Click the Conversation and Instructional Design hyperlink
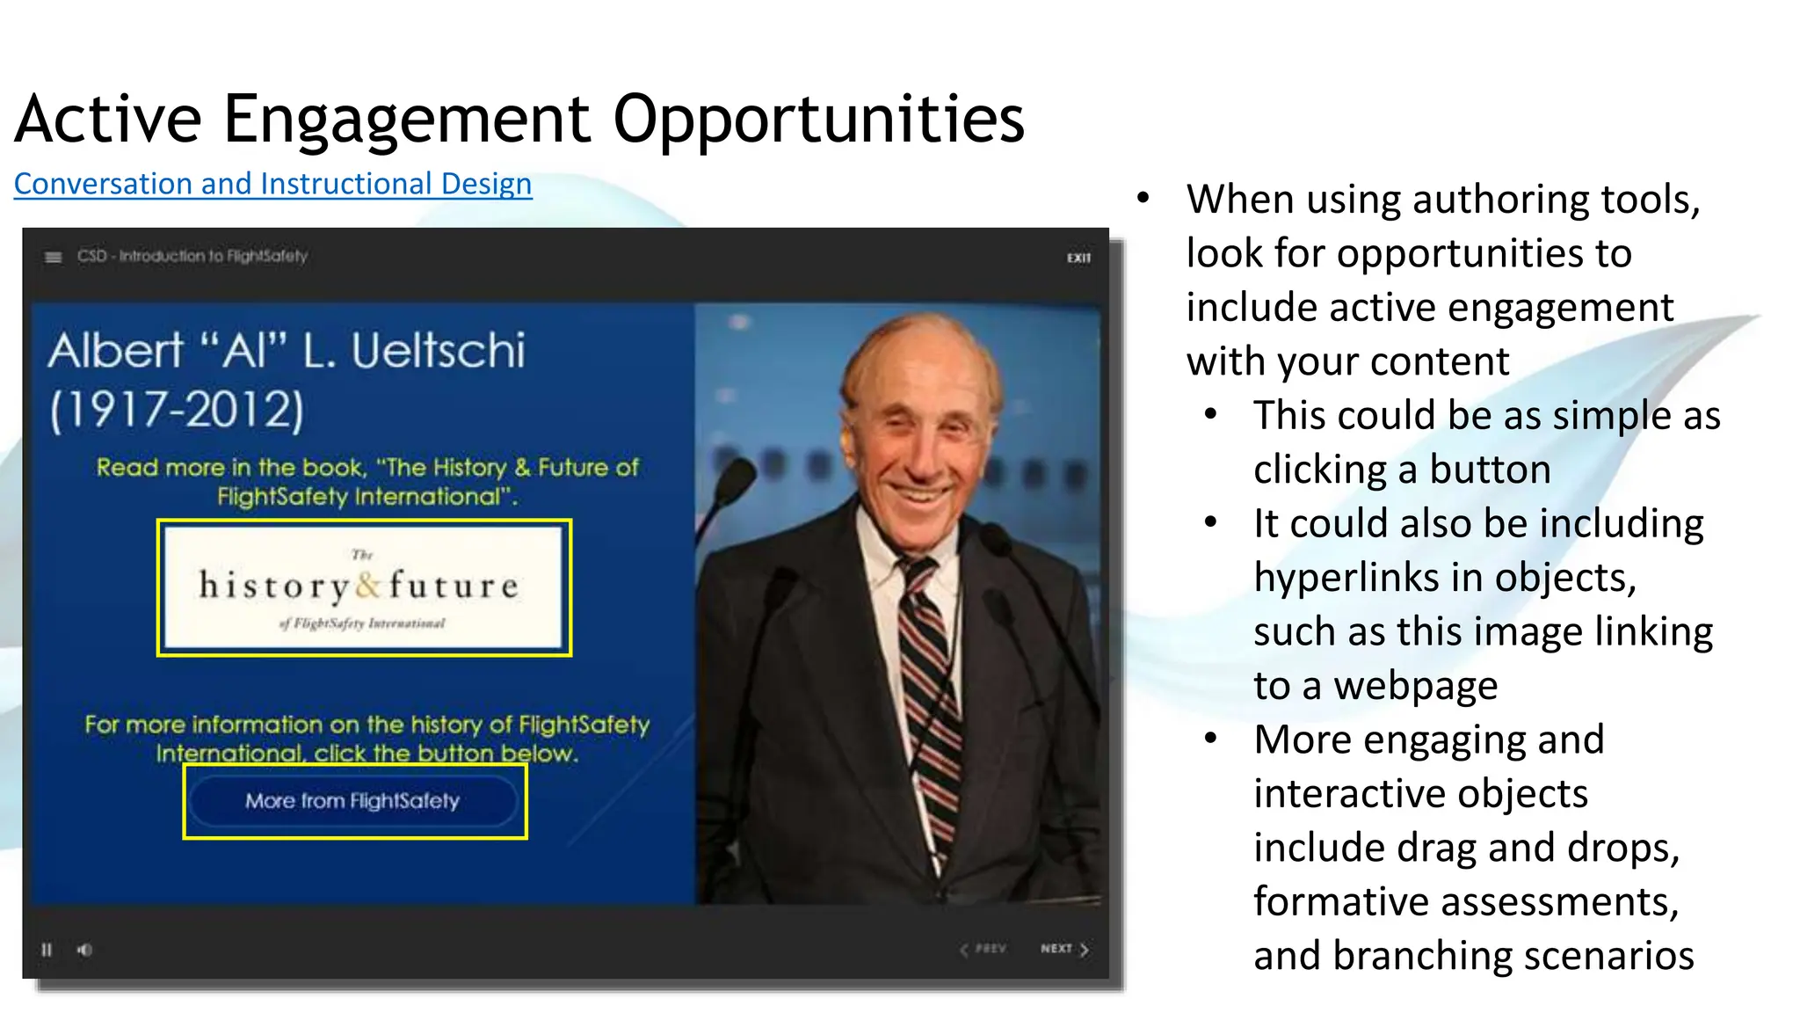(272, 184)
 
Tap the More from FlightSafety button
(353, 801)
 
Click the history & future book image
(364, 587)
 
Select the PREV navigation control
(983, 949)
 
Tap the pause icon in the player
(47, 950)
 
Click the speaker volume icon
(84, 950)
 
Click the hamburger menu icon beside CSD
(54, 257)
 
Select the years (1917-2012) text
(177, 410)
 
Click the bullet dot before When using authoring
(1143, 198)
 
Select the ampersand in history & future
(369, 586)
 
